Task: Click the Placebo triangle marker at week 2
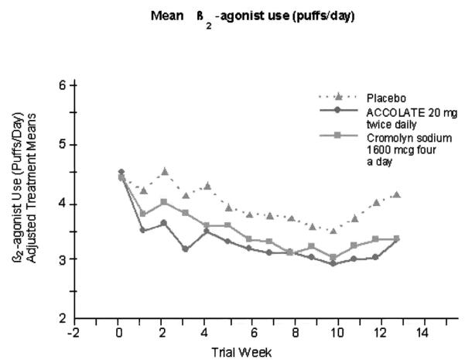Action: [164, 170]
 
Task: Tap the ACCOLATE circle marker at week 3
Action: [185, 249]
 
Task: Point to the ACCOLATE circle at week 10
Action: [333, 263]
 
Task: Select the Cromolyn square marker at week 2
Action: [163, 202]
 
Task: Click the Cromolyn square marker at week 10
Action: [333, 257]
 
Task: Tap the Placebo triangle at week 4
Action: [207, 186]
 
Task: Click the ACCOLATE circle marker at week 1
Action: [142, 230]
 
